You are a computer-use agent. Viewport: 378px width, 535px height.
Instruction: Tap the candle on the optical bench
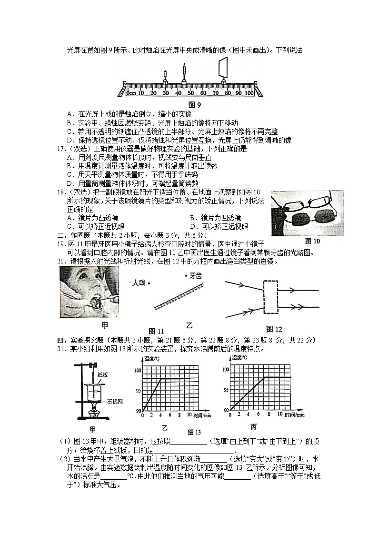coord(165,77)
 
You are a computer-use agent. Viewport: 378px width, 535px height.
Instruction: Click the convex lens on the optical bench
coord(184,74)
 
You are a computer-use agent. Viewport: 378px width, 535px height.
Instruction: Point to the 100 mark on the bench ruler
coord(248,92)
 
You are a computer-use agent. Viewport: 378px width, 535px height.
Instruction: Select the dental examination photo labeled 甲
coord(89,292)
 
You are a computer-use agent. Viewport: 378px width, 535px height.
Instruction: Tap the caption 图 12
coord(274,329)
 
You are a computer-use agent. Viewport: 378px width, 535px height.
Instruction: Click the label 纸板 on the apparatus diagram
coord(103,375)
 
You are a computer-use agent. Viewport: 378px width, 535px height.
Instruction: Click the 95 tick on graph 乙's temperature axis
coord(139,390)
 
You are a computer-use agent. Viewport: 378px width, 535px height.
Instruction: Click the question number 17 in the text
coord(60,149)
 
